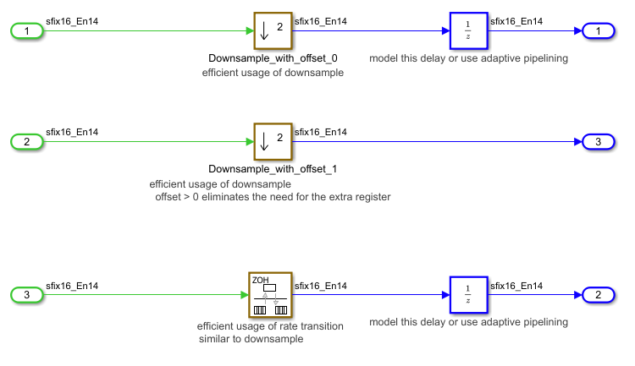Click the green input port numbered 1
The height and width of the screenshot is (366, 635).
(x=27, y=31)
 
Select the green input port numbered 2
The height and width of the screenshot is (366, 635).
(x=27, y=141)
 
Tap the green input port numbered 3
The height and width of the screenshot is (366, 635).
(x=27, y=295)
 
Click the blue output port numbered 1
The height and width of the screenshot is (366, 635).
(x=599, y=31)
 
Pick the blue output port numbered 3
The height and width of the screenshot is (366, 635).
(x=599, y=141)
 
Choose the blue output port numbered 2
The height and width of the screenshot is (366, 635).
(x=599, y=295)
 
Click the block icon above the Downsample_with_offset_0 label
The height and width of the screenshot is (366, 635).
(x=273, y=31)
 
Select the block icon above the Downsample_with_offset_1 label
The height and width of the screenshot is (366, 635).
(x=273, y=141)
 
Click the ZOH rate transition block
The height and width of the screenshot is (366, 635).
(x=271, y=294)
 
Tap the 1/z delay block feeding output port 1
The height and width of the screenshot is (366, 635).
(x=468, y=31)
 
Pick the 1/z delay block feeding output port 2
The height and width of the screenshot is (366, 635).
(x=468, y=295)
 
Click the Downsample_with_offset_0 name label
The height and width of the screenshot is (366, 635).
(x=273, y=58)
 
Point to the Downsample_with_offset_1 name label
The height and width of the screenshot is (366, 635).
(x=273, y=169)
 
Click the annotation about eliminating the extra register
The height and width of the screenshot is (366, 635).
(x=272, y=197)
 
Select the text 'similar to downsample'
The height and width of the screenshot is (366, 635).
(x=251, y=339)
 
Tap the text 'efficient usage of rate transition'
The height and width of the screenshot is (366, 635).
(x=271, y=326)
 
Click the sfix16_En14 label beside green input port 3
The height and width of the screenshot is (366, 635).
(x=72, y=286)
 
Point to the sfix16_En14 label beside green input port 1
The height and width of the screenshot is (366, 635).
(x=72, y=22)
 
